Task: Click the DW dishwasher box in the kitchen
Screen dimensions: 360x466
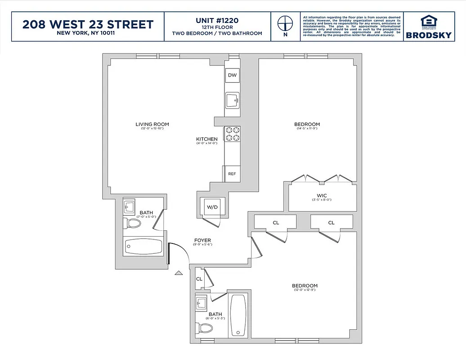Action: (x=232, y=75)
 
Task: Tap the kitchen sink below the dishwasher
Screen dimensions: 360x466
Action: (x=232, y=100)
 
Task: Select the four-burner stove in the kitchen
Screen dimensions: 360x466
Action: (x=233, y=134)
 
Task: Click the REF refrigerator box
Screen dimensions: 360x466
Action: (x=232, y=174)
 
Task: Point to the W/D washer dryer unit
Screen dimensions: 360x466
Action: (x=212, y=207)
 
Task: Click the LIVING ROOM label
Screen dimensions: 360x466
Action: (x=152, y=124)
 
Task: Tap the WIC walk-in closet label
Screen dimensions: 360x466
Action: (x=321, y=195)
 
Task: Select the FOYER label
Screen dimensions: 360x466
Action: (x=202, y=240)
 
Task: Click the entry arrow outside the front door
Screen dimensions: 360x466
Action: (x=179, y=272)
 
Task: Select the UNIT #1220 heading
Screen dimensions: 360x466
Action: (x=217, y=20)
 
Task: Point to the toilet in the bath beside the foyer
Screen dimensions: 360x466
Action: (x=131, y=222)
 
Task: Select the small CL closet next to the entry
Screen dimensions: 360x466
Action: (x=199, y=279)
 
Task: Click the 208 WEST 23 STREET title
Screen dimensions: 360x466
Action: (x=88, y=24)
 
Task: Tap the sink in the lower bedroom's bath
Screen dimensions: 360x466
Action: (x=202, y=303)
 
